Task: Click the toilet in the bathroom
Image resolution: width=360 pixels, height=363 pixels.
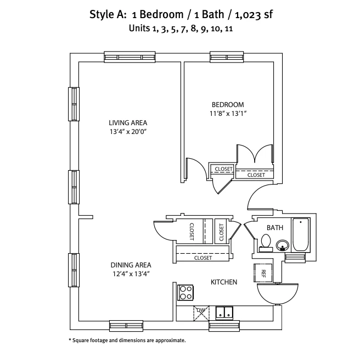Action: click(266, 243)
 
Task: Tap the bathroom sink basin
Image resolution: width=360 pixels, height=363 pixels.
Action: click(283, 245)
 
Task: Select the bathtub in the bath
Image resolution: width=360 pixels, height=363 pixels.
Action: click(301, 234)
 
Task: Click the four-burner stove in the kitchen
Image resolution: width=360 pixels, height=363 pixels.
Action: click(185, 293)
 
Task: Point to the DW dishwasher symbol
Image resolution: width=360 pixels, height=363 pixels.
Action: click(201, 313)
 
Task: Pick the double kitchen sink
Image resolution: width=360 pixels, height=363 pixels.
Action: click(224, 312)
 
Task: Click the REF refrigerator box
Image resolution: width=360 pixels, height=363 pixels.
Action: click(263, 273)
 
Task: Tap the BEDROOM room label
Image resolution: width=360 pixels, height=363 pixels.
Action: click(228, 105)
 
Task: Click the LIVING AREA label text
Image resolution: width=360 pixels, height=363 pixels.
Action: click(128, 122)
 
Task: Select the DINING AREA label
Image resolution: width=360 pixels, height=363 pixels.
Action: click(131, 265)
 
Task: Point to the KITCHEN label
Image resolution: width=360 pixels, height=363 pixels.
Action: click(224, 282)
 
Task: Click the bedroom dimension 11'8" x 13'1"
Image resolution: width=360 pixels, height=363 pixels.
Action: click(228, 114)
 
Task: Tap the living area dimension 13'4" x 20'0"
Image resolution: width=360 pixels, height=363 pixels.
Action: click(128, 132)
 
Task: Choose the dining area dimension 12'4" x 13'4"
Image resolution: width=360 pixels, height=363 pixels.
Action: click(131, 274)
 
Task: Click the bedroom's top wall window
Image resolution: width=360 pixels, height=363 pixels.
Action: click(227, 57)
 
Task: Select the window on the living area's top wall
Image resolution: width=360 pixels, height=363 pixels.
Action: click(130, 57)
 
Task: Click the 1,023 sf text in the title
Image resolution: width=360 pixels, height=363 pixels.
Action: click(254, 15)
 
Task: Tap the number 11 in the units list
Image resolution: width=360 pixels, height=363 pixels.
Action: click(229, 29)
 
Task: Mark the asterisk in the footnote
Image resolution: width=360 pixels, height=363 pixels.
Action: click(70, 340)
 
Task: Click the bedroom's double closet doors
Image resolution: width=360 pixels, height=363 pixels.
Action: click(255, 154)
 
